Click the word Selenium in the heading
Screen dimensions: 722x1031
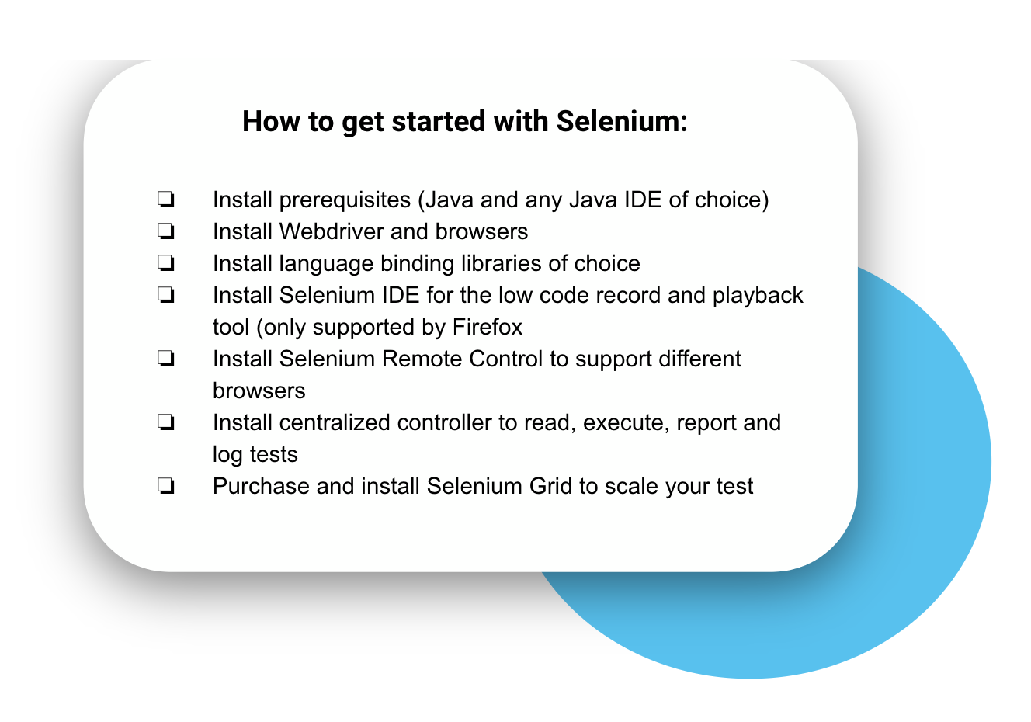(x=622, y=122)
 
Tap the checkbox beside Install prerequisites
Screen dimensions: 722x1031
(x=165, y=200)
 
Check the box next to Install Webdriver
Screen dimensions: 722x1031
(x=165, y=231)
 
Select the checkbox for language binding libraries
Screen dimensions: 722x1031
(x=165, y=263)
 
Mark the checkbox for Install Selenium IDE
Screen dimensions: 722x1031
(x=165, y=295)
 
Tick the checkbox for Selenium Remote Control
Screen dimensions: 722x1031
(x=165, y=359)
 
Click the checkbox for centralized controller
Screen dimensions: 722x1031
(x=165, y=422)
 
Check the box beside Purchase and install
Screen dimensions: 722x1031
(x=165, y=486)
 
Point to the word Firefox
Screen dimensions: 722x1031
(x=487, y=327)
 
